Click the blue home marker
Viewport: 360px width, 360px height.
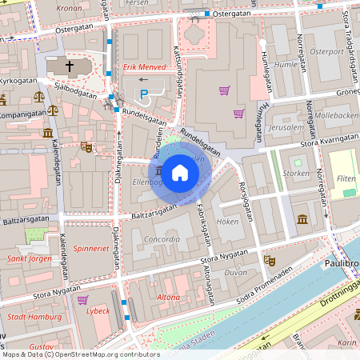180,172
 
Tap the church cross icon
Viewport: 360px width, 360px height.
69,66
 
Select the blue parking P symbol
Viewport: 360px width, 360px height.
144,94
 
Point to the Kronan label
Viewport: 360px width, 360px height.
70,7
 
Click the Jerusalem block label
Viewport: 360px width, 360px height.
286,127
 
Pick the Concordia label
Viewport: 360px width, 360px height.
161,239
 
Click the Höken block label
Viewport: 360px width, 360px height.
227,221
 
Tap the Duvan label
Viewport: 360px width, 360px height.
237,272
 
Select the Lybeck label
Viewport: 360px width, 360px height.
98,311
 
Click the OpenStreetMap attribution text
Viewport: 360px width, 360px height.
80,354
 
